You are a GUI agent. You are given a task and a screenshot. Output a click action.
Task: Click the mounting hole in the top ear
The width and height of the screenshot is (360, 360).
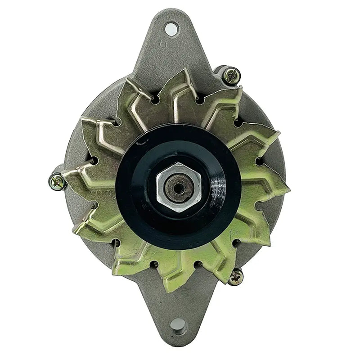171,29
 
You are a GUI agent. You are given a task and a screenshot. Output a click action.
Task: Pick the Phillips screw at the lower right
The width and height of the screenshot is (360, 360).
235,277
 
